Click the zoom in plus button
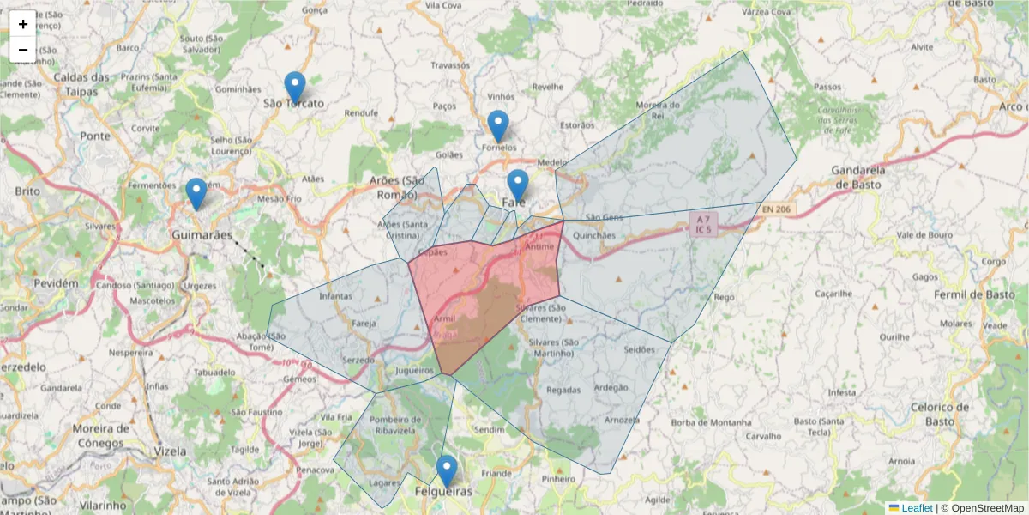pos(23,24)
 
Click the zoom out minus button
pos(23,50)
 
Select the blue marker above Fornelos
pos(498,126)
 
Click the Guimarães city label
pos(202,234)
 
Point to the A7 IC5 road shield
pos(702,225)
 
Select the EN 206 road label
pos(778,209)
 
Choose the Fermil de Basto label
pos(972,294)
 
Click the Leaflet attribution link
pos(917,508)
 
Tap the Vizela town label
pos(169,451)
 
